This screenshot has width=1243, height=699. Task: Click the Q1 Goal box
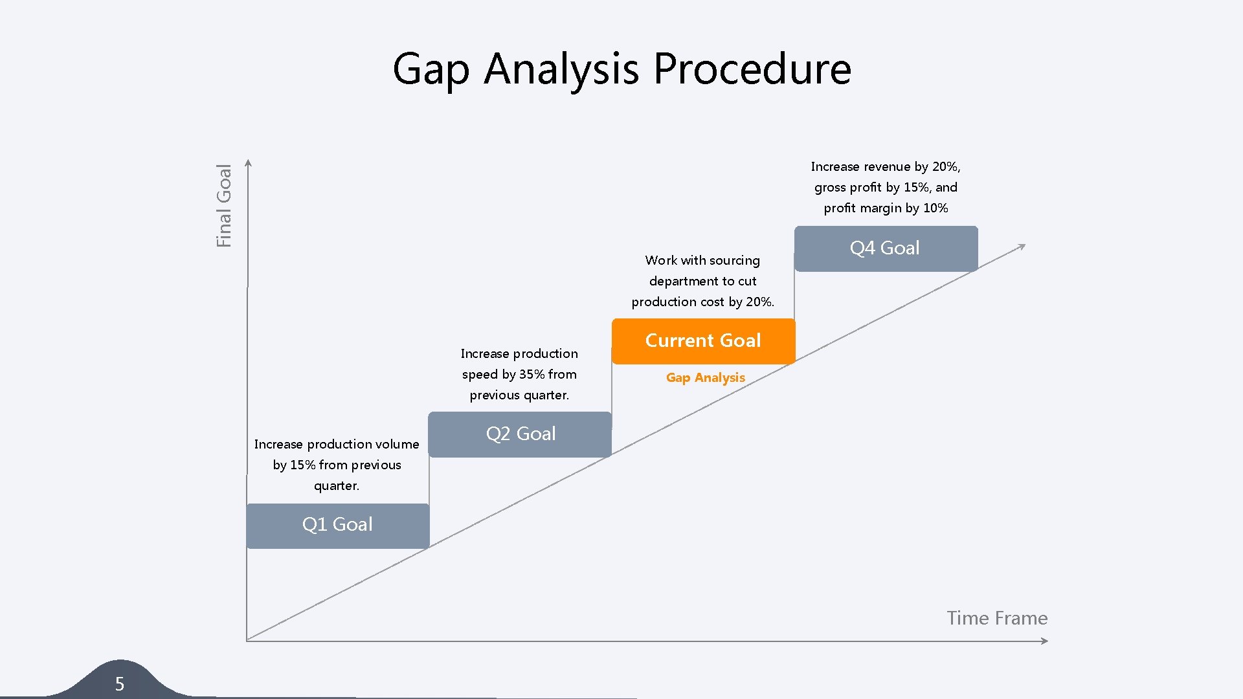point(337,525)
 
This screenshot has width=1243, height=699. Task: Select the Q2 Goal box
point(520,434)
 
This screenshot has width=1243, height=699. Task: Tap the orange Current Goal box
point(703,341)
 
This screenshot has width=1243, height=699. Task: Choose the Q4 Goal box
point(885,249)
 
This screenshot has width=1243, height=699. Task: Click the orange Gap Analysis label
point(705,377)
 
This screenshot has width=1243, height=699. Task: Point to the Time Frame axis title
point(996,618)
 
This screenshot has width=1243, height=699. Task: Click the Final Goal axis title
point(224,205)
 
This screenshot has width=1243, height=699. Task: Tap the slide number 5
point(120,683)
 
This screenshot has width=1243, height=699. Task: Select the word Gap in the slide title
point(431,70)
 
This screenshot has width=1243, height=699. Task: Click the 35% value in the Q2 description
point(532,374)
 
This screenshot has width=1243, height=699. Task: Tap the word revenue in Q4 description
point(887,166)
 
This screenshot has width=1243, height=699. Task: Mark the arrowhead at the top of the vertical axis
point(248,163)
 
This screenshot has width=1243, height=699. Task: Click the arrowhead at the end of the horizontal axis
point(1044,641)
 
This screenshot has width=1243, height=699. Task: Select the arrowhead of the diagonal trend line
point(1022,247)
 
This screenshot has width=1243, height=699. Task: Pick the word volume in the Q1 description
point(394,444)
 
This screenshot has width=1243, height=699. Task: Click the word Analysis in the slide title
point(561,70)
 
